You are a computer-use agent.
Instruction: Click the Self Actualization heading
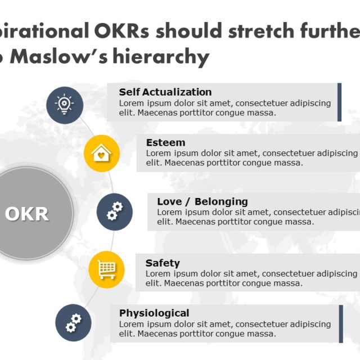165,92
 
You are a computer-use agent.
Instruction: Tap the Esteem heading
166,142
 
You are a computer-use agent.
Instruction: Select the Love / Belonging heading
202,201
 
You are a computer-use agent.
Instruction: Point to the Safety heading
163,263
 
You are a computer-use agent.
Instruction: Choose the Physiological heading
154,313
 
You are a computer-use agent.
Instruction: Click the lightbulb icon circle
65,105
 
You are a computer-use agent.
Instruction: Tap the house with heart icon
102,154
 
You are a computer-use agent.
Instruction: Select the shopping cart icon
106,269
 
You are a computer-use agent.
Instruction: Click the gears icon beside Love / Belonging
115,211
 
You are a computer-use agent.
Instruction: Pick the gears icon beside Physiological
74,322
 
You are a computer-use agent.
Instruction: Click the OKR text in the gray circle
27,214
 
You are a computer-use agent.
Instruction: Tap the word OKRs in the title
121,30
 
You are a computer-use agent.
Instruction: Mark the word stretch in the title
261,30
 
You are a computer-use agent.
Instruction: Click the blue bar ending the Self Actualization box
339,102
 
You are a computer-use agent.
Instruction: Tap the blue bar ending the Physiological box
341,324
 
